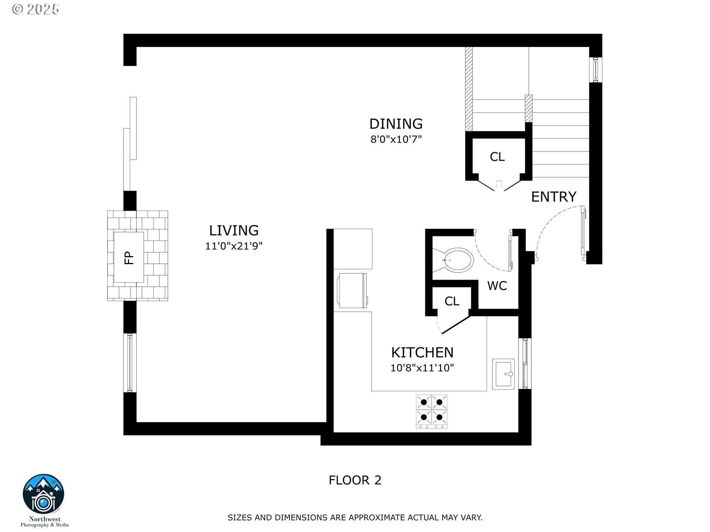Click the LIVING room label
tap(234, 231)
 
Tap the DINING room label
tap(396, 124)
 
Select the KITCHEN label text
tap(422, 352)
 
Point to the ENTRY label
tap(554, 197)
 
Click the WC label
tap(497, 286)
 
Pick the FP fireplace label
tap(129, 258)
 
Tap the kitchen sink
tap(503, 374)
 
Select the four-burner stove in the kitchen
tap(432, 411)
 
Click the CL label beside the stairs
tap(497, 157)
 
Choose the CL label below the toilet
tap(452, 301)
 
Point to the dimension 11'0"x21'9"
tap(234, 246)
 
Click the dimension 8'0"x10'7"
tap(396, 139)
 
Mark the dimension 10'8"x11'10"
tap(422, 368)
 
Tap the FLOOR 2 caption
tap(355, 480)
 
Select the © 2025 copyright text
tap(35, 9)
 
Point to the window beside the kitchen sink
tap(525, 364)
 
